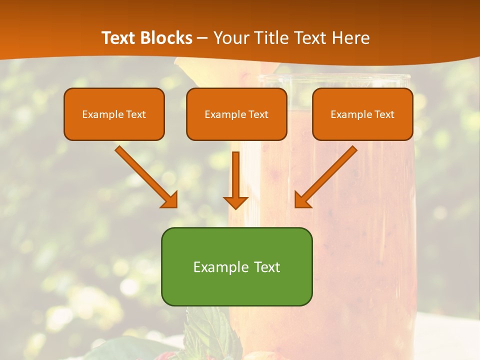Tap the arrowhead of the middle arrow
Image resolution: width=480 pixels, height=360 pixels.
pos(235,202)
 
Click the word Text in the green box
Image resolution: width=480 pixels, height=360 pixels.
pos(267,267)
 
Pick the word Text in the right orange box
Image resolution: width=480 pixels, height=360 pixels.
pos(384,114)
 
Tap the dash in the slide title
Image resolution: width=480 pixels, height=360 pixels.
pos(202,38)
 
